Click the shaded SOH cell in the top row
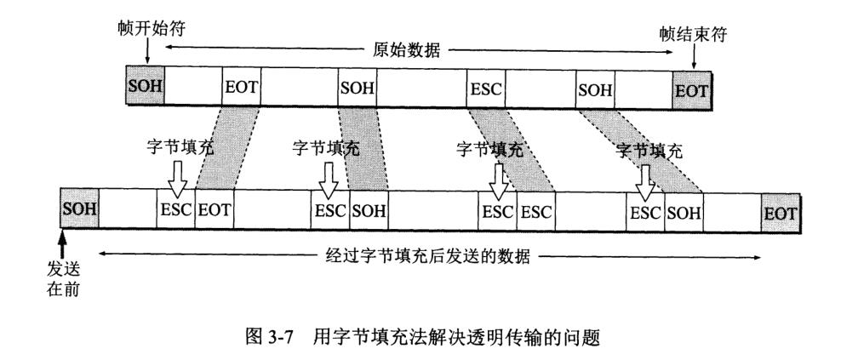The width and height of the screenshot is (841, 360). click(146, 86)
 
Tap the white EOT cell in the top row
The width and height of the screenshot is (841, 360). click(242, 86)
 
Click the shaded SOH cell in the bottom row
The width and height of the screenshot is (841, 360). click(79, 209)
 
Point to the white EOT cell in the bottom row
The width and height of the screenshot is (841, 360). click(215, 209)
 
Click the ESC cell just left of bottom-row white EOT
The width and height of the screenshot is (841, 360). click(176, 209)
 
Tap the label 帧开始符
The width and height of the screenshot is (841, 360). click(152, 28)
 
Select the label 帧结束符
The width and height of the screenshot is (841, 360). click(694, 35)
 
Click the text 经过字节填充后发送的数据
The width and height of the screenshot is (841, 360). click(428, 256)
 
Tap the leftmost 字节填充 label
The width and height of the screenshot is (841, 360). click(179, 147)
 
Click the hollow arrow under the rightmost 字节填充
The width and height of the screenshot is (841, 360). click(644, 182)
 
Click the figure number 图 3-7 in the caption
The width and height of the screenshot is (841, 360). click(267, 338)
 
